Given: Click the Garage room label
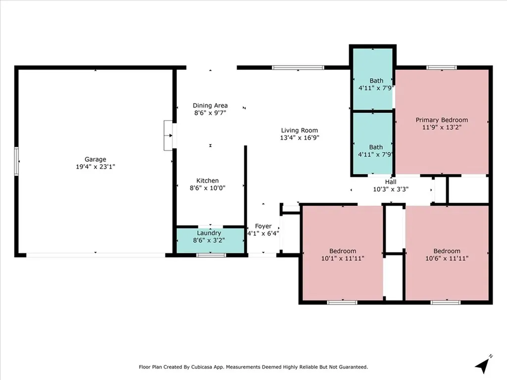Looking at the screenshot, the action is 96,159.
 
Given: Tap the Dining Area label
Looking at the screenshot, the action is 210,105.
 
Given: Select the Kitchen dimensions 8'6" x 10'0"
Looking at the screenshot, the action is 207,188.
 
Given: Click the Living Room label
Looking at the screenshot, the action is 300,131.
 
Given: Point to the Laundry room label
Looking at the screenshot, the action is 209,233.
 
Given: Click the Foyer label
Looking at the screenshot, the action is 263,226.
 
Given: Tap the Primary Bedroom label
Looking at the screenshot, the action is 442,120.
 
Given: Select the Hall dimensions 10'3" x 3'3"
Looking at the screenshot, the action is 391,190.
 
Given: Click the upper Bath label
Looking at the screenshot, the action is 376,81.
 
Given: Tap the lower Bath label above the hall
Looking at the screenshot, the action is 376,147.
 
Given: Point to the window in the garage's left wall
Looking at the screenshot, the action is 16,161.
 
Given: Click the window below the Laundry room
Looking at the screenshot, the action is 211,255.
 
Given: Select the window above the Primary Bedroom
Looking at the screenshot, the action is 442,67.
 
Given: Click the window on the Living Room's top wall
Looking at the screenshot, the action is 298,67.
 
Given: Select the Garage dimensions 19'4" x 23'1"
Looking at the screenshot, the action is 96,167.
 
